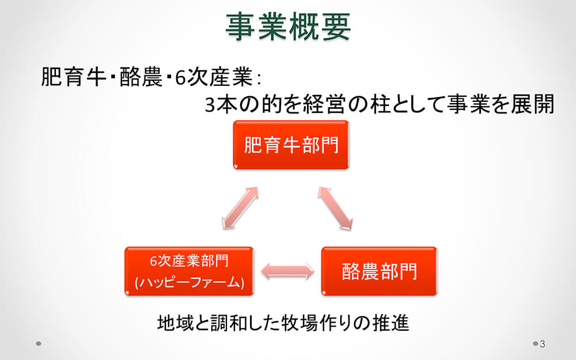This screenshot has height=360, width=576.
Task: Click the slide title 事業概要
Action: (x=288, y=26)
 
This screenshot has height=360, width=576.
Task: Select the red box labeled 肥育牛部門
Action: (x=291, y=145)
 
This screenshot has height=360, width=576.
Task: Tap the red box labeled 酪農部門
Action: (x=379, y=271)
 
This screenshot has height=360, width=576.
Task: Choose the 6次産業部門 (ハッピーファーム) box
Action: (x=189, y=271)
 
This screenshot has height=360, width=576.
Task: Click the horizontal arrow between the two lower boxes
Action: (x=287, y=271)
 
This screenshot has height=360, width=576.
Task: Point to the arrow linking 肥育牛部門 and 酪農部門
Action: (x=335, y=209)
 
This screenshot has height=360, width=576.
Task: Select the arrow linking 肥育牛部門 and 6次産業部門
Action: (x=240, y=209)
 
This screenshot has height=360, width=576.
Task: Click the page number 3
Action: (x=542, y=344)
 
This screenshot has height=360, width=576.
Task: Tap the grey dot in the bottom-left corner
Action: (x=39, y=344)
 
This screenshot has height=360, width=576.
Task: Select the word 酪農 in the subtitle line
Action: (x=141, y=77)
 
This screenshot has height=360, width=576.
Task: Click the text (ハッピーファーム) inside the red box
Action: (x=189, y=282)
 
